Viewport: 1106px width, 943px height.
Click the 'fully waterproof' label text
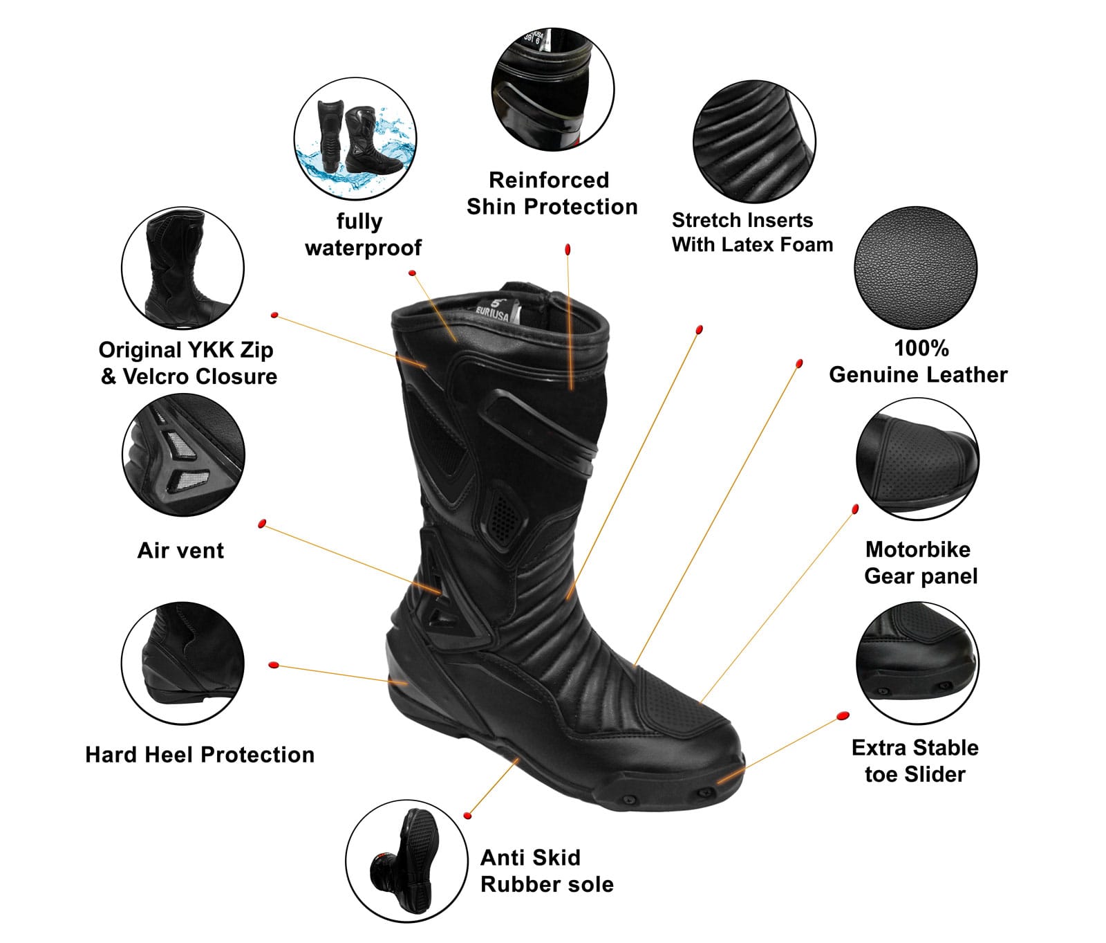pos(363,235)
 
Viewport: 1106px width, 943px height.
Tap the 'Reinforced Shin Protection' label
pos(552,193)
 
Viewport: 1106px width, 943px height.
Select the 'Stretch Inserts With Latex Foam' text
pos(752,232)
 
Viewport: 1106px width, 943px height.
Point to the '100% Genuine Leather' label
pos(918,361)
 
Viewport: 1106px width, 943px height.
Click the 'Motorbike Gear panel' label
pos(921,562)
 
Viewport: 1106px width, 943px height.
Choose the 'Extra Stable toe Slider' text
pos(915,760)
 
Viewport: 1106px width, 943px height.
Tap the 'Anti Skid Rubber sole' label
pos(547,871)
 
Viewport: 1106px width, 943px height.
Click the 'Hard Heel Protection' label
pos(200,754)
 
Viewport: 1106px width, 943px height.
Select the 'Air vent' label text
pos(180,551)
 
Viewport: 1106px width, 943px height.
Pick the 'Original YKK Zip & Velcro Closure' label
pos(188,363)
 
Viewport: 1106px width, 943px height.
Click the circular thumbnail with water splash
pos(355,138)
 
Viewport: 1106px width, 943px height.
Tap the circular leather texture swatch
pos(916,268)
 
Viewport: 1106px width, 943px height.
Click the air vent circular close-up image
pos(183,455)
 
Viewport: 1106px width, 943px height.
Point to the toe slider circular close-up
pos(917,663)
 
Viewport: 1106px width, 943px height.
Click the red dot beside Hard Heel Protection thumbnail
pos(274,665)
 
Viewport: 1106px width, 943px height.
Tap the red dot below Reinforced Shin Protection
pos(568,248)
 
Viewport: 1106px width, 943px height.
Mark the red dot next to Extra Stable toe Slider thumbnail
pos(843,715)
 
